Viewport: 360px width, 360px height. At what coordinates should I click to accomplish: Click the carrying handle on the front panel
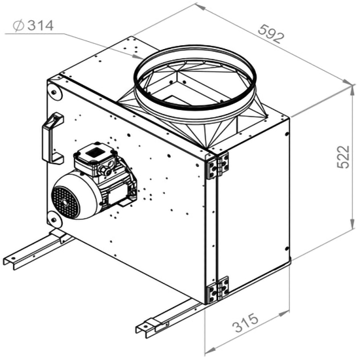click(x=52, y=138)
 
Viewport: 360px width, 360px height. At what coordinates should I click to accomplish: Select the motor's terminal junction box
click(x=92, y=156)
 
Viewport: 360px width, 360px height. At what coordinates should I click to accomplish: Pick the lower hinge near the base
click(x=218, y=289)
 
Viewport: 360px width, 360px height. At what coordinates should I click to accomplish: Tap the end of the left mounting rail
click(x=9, y=260)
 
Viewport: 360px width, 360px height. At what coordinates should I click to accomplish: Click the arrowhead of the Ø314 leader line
click(x=135, y=58)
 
